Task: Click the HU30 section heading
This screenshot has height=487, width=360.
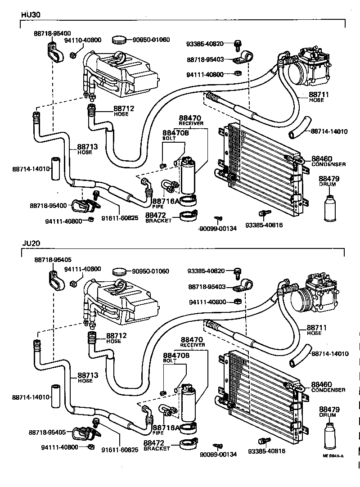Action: coord(31,14)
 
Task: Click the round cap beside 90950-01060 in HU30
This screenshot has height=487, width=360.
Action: coord(119,40)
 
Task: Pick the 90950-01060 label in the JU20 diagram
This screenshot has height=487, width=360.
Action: coord(150,271)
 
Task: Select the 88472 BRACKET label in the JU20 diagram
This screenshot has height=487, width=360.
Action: coord(157,446)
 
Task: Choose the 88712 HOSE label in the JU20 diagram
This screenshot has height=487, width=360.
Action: coord(116,338)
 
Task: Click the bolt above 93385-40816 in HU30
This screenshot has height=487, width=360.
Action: coord(262,213)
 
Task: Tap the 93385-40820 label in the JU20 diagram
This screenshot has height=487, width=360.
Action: coord(205,271)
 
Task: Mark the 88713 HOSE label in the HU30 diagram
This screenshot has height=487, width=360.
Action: coord(86,149)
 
